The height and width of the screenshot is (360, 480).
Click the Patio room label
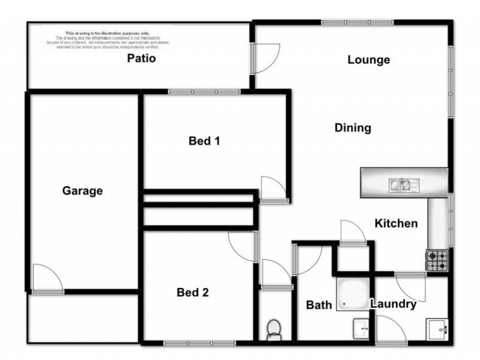pos(142,59)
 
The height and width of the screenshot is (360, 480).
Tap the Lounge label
pos(369,60)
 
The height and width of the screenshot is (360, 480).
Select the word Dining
pos(353,128)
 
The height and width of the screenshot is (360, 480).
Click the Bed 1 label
pos(205,142)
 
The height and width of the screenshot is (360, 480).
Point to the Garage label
pos(83,191)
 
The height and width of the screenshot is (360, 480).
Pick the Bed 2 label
pos(193,293)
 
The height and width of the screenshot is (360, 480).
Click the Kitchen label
pos(396,224)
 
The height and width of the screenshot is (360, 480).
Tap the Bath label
pos(319,305)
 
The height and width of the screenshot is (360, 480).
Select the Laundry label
pos(393,304)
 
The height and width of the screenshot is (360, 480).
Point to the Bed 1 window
pos(204,92)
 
